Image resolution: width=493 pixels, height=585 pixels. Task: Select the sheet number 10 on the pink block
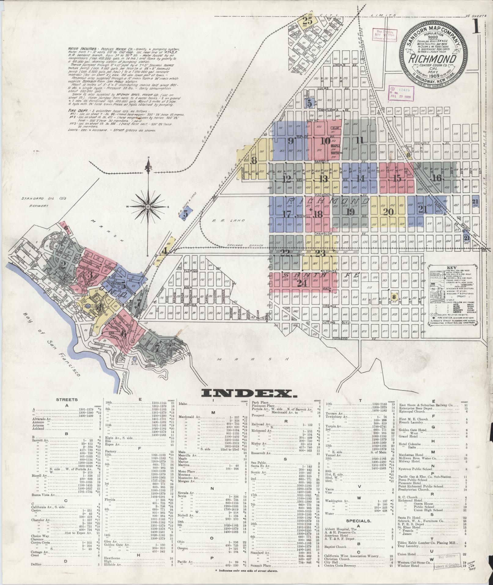tap(326, 141)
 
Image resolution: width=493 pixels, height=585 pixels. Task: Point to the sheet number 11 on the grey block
tap(359, 140)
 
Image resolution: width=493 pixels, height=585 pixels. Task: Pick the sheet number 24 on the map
tap(302, 283)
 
